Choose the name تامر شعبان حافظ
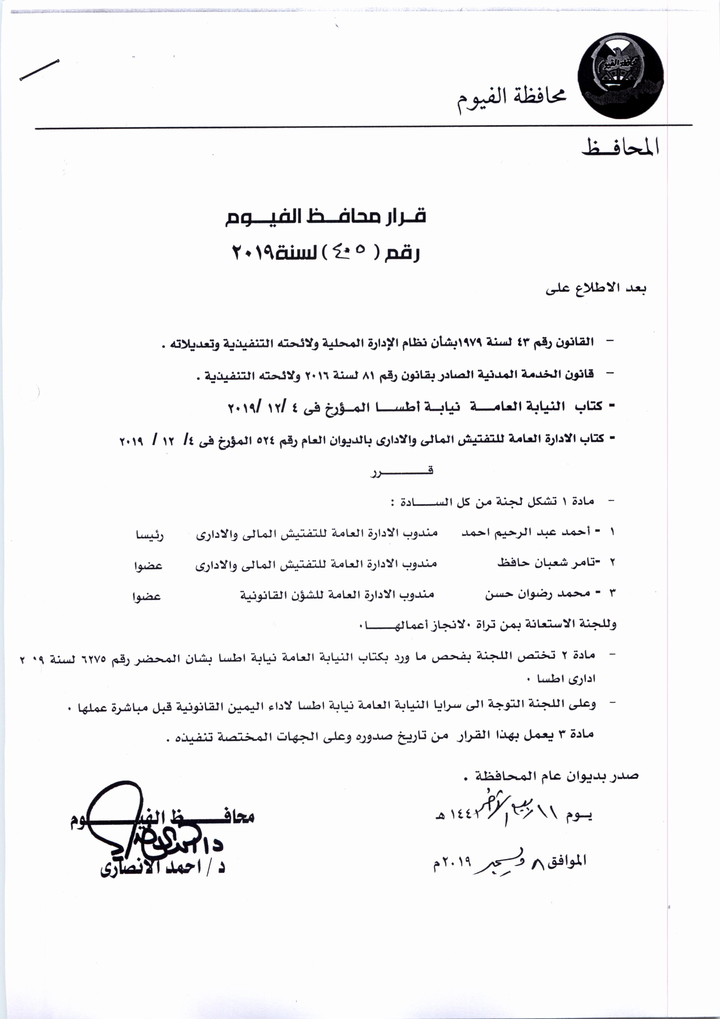click(x=543, y=563)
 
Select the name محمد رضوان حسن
click(x=537, y=594)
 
